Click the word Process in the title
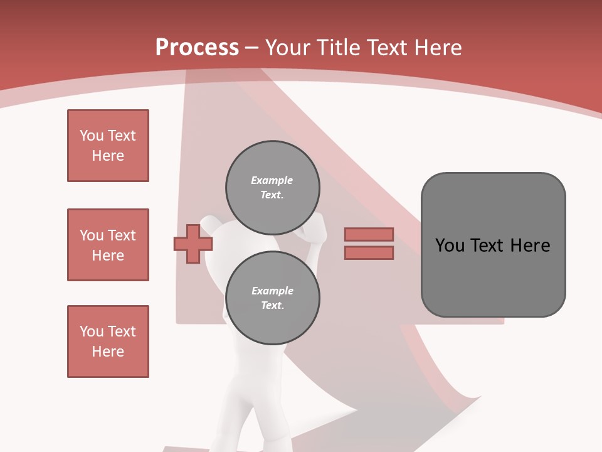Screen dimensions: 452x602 197,48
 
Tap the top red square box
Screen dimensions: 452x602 108,146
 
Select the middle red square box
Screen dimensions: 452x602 108,245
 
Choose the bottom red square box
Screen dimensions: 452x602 108,342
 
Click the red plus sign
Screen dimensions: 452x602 193,244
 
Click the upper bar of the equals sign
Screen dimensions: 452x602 369,234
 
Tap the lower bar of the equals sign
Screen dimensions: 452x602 369,252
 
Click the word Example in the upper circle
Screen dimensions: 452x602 272,180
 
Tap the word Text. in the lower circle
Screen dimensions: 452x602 272,306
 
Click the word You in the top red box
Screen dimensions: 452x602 91,136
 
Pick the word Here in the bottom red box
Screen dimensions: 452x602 108,352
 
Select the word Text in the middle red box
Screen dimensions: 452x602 122,235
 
